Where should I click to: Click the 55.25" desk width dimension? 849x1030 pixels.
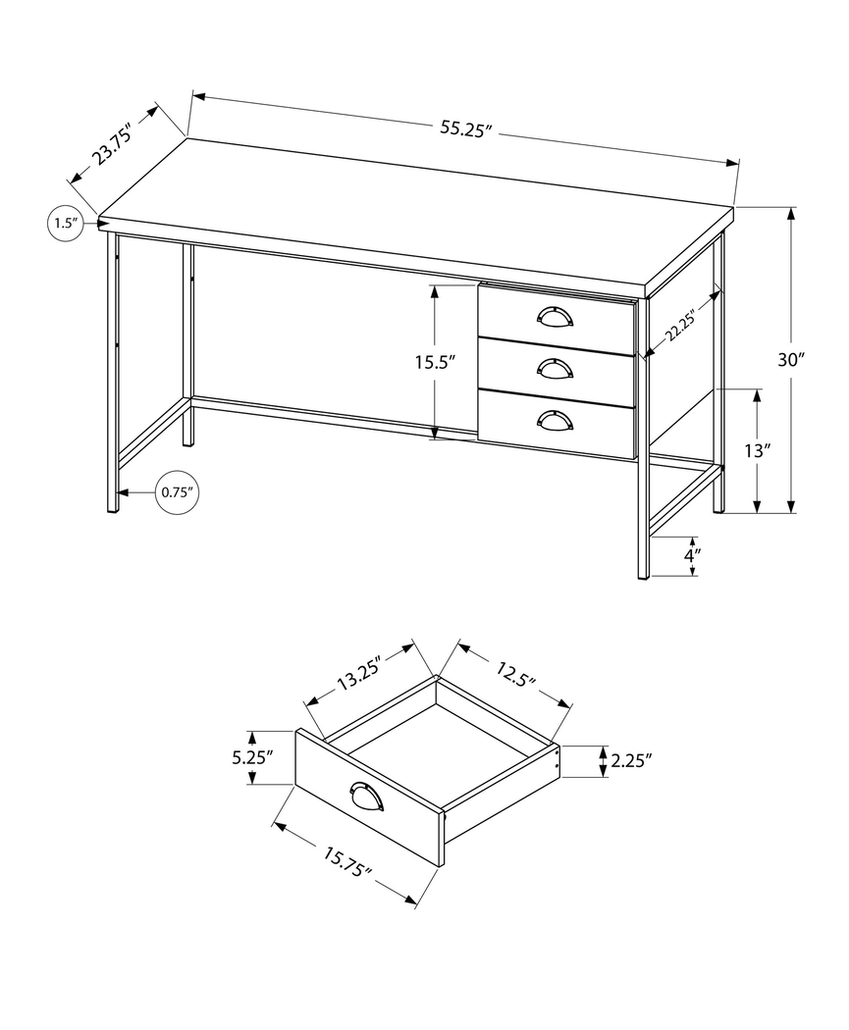465,129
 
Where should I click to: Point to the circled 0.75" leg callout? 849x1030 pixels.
178,492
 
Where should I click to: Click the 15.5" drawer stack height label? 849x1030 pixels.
435,362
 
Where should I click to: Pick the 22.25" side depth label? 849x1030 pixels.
679,325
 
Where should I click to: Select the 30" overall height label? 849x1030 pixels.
791,360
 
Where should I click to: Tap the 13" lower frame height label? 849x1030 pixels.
758,451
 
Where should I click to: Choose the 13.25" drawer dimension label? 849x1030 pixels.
359,675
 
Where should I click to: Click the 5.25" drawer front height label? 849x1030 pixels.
252,757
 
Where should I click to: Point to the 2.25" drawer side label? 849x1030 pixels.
631,760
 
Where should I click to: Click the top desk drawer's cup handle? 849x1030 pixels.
555,315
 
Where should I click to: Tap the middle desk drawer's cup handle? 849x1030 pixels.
555,367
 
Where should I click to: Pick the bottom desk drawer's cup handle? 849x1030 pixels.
555,419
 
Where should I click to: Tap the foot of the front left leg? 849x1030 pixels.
112,508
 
